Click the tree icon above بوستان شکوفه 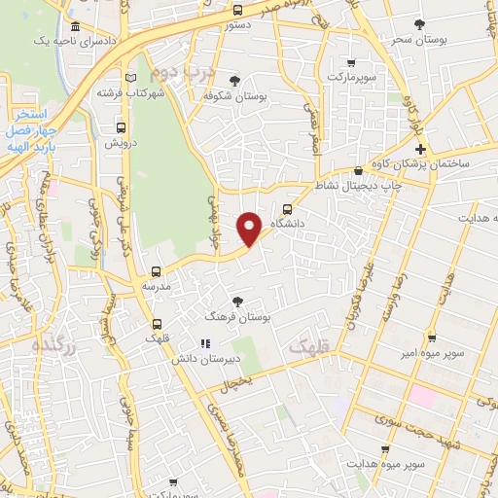pyautogui.click(x=234, y=81)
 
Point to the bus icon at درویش pyautogui.click(x=121, y=125)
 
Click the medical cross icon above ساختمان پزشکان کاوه pyautogui.click(x=419, y=149)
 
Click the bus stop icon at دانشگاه pyautogui.click(x=287, y=208)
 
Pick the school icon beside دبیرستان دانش pyautogui.click(x=204, y=343)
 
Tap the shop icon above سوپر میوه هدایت pyautogui.click(x=386, y=449)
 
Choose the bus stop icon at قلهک pyautogui.click(x=156, y=324)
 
